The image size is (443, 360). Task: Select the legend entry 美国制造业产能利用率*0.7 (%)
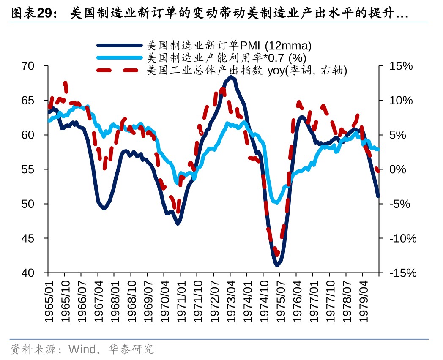(226, 57)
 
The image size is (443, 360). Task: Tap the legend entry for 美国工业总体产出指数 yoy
(247, 71)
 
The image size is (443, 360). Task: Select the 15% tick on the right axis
(400, 66)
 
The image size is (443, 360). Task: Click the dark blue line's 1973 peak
(230, 77)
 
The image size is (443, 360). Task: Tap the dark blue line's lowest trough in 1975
(277, 265)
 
